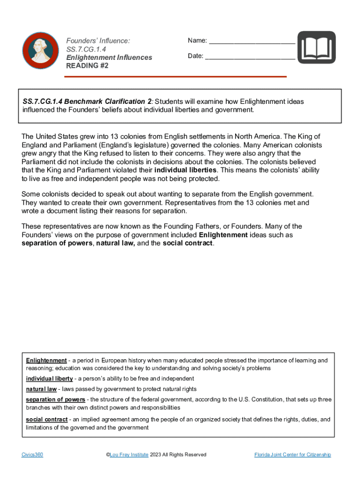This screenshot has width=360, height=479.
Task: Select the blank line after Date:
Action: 250,57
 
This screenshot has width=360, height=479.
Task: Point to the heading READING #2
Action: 87,66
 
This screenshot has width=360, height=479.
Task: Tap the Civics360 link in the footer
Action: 32,455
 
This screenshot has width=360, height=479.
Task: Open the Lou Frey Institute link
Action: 129,455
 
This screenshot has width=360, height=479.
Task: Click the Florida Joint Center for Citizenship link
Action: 292,455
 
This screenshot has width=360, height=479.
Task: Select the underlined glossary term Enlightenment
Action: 46,361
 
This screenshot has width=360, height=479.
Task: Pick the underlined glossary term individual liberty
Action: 49,378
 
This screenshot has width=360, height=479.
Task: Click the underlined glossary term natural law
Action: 41,389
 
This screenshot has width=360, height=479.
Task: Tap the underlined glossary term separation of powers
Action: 55,399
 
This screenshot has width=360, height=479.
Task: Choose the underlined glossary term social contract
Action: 47,420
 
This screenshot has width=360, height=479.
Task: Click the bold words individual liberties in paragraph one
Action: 185,170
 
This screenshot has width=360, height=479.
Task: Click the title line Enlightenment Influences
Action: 109,58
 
